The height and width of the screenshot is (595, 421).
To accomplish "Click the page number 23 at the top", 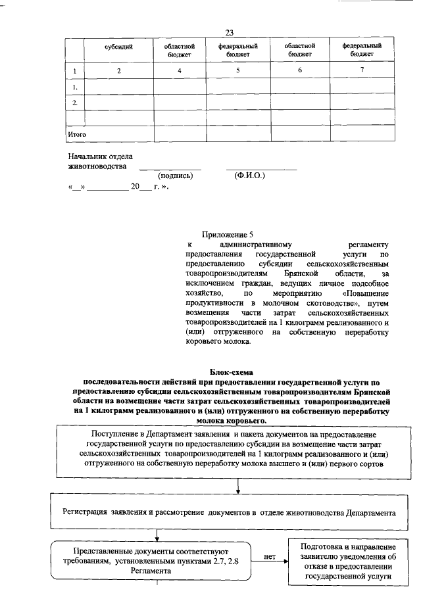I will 230,33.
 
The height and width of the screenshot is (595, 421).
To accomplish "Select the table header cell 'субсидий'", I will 119,48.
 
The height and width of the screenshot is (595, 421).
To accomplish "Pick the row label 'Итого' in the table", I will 78,134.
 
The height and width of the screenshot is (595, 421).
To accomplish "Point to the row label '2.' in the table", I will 76,103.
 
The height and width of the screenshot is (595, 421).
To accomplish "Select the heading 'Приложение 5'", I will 227,235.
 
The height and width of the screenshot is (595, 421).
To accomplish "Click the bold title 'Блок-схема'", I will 235,372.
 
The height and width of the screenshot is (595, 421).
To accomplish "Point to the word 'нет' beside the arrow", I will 269,556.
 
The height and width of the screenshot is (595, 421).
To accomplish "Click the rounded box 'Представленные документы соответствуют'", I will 153,559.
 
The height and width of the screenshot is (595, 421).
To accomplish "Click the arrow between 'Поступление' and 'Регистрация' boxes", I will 237,486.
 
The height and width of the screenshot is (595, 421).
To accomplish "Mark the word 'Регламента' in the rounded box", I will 153,571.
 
